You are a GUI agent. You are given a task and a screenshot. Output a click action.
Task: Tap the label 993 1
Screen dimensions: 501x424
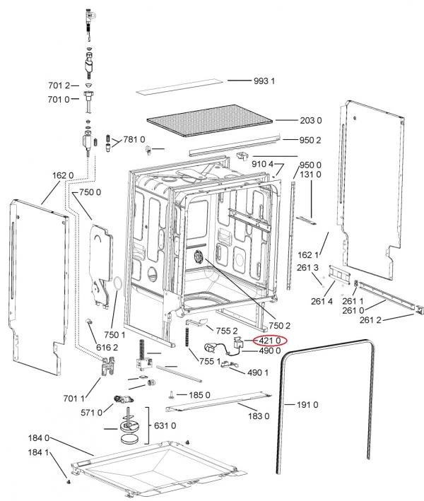pos(264,81)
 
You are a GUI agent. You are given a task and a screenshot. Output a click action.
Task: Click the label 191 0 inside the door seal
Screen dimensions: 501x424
pos(306,405)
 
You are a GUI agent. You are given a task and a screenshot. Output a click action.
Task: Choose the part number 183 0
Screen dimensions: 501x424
pos(258,416)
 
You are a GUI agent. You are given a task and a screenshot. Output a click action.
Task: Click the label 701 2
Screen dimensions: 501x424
pos(59,86)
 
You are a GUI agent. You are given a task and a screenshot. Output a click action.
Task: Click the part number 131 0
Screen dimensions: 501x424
pos(310,174)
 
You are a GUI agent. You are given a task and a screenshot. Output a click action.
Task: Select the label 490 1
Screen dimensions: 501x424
pos(257,372)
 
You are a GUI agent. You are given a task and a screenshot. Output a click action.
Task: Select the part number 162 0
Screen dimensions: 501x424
pos(62,175)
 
